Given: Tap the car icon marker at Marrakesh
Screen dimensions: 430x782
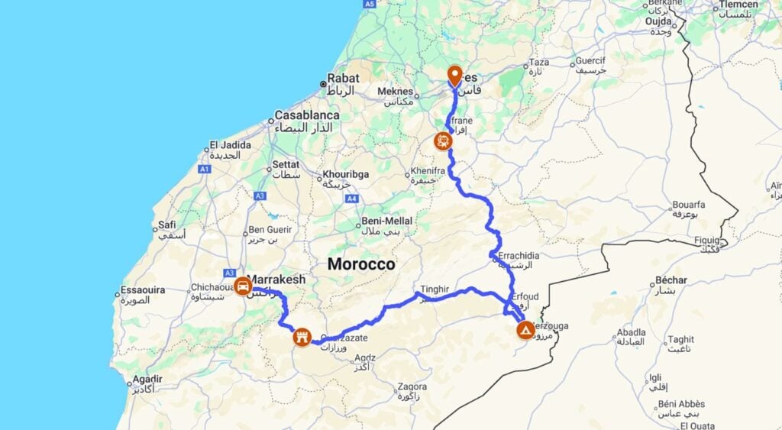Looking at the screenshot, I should pyautogui.click(x=243, y=286).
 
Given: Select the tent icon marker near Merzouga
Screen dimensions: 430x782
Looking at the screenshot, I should pyautogui.click(x=525, y=330).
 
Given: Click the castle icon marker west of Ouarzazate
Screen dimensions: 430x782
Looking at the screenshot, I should pyautogui.click(x=302, y=337).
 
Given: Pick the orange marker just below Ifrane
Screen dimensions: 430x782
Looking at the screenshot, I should pyautogui.click(x=442, y=141).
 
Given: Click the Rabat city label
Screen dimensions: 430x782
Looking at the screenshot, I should pyautogui.click(x=343, y=78).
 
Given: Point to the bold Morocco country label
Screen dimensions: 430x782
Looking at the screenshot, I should pyautogui.click(x=361, y=264).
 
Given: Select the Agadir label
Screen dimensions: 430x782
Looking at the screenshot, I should pyautogui.click(x=147, y=379).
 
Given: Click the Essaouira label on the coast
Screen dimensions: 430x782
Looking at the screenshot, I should pyautogui.click(x=142, y=290).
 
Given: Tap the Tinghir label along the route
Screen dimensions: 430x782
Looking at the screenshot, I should pyautogui.click(x=432, y=289).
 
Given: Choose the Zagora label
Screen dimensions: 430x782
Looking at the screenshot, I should pyautogui.click(x=412, y=386).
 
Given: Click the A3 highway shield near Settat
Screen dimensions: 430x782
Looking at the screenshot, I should pyautogui.click(x=260, y=196).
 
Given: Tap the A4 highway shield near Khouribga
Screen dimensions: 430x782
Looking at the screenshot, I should pyautogui.click(x=351, y=199).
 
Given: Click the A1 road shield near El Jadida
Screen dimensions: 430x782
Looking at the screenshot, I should pyautogui.click(x=204, y=169).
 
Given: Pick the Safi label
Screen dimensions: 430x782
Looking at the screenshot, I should pyautogui.click(x=167, y=225).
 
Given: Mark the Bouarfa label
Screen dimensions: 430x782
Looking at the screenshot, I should pyautogui.click(x=688, y=205).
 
